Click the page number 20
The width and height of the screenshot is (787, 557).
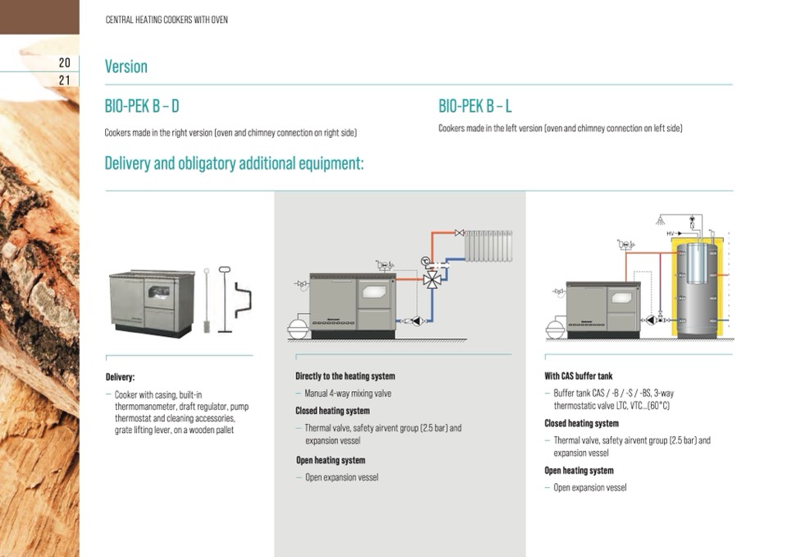coord(64,62)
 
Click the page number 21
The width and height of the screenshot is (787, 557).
coord(64,81)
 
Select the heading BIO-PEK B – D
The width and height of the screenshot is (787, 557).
coord(141,106)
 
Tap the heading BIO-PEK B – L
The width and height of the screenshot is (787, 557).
coord(475,106)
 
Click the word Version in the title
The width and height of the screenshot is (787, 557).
coord(126,67)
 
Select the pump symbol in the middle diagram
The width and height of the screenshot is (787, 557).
coord(415,321)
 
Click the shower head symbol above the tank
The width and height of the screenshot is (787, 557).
coord(660,220)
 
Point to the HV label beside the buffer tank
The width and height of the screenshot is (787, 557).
coord(670,234)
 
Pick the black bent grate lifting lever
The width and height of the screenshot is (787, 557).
coord(241,300)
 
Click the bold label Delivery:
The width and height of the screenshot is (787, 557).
coord(120,377)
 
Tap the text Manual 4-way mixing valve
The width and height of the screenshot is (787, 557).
coord(348,394)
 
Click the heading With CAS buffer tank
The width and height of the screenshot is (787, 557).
coord(579,376)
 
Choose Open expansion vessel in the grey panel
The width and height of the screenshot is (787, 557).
coord(341,477)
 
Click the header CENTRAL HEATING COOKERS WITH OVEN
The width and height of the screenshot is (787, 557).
coord(167,20)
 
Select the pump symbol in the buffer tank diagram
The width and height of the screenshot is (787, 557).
coord(651,320)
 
